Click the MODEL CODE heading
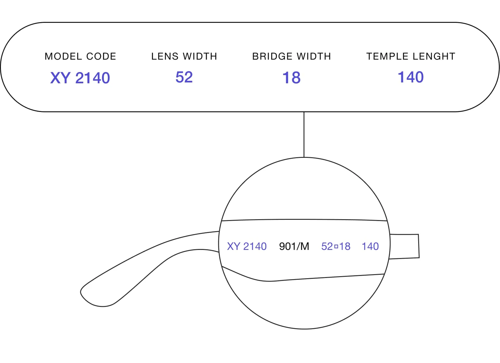tap(80, 56)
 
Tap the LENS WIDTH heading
tap(184, 56)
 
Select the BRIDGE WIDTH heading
tap(291, 56)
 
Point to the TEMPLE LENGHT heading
tap(411, 56)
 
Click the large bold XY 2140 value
tap(80, 78)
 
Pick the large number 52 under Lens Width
tap(184, 77)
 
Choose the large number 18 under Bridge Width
tap(291, 78)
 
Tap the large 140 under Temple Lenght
tap(411, 77)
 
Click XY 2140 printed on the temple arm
tap(247, 246)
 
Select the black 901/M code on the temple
tap(294, 246)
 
